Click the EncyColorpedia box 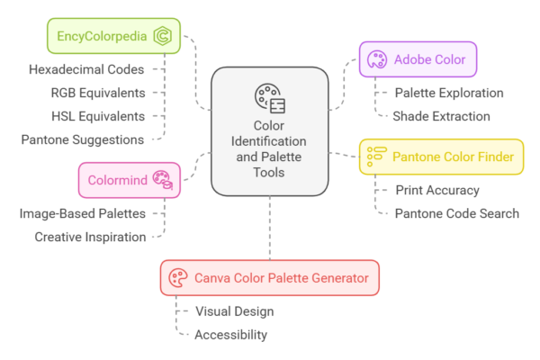112,36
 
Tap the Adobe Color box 418,60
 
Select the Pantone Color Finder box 441,157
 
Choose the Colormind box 126,179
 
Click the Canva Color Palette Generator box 269,278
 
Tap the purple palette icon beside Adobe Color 376,60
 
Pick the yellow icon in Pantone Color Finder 376,157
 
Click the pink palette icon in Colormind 161,179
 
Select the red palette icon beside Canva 177,278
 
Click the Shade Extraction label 441,116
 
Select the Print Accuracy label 437,190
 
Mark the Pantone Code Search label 457,213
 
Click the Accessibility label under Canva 230,335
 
